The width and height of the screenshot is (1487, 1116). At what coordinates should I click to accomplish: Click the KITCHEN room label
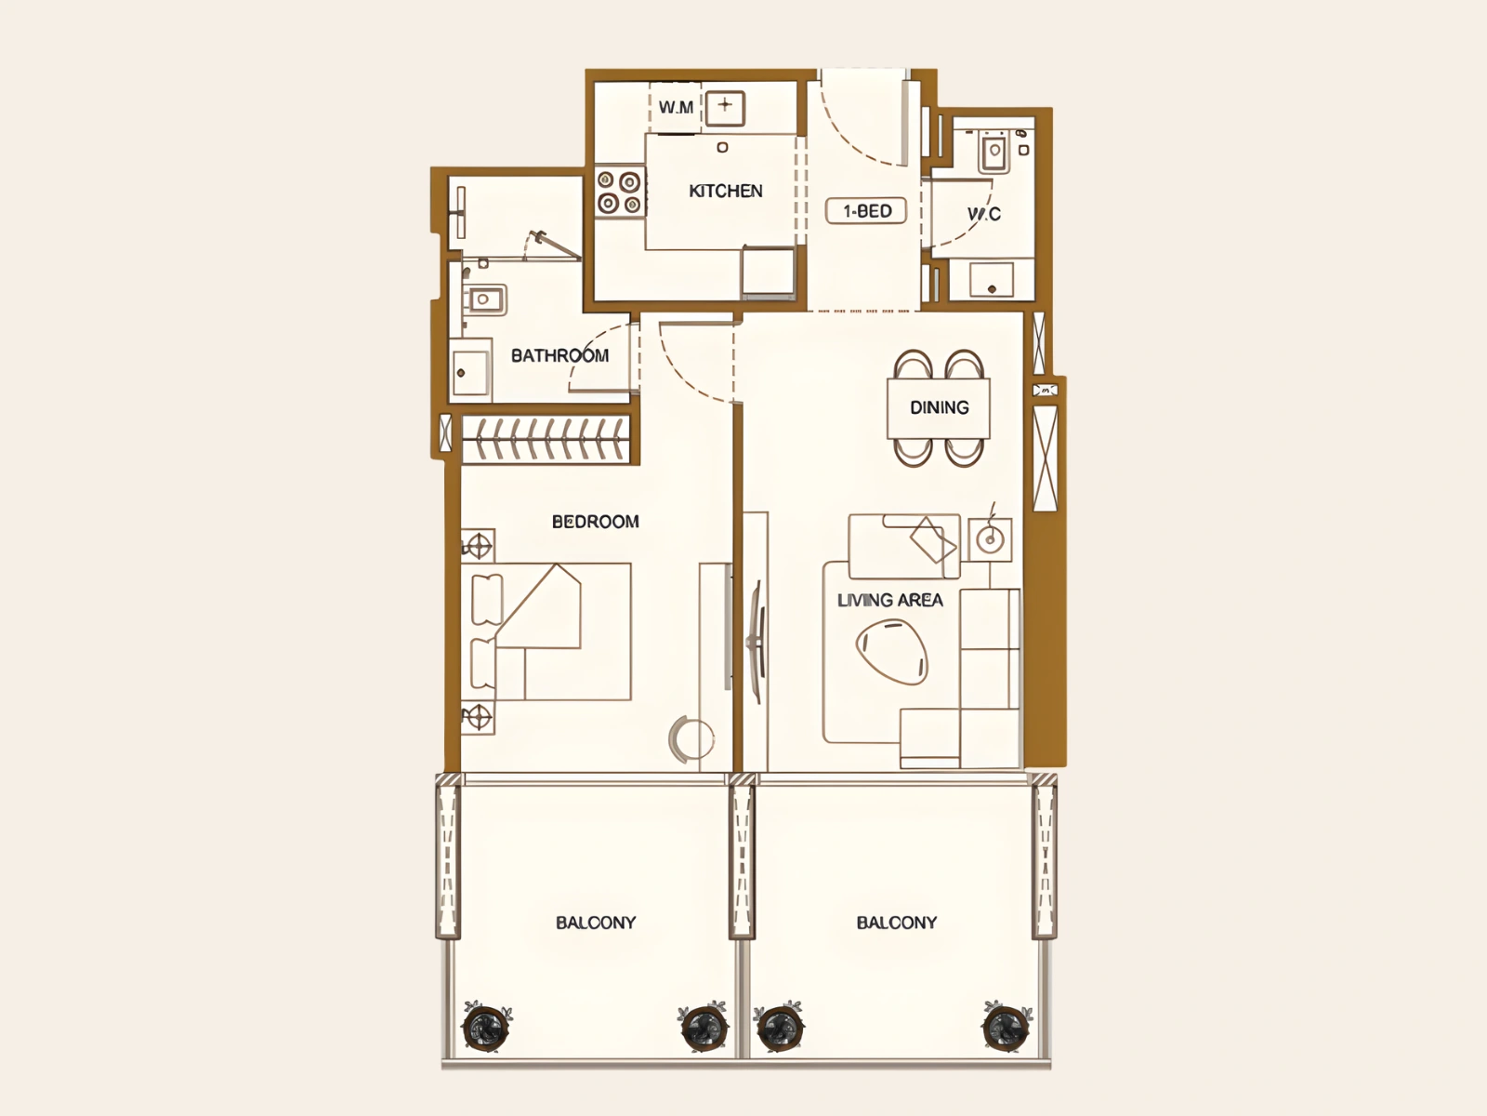point(726,191)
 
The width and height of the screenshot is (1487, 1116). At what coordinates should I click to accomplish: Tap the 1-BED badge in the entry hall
point(866,211)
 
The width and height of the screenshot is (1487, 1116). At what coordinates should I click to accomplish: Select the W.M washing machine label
point(676,107)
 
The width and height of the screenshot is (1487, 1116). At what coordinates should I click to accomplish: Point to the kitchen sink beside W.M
point(725,109)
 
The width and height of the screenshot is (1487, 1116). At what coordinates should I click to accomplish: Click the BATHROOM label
point(559,356)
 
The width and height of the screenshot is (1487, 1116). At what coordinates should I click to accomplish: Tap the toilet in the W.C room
point(994,151)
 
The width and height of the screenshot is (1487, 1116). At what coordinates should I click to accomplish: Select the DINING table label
point(939,407)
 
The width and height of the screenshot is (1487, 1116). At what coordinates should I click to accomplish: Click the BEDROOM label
point(595,522)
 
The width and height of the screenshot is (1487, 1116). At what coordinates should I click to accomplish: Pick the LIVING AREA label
point(889,601)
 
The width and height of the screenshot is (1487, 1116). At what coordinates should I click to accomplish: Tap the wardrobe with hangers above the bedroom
point(546,439)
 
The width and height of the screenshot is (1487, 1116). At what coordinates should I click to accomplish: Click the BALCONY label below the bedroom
point(596,923)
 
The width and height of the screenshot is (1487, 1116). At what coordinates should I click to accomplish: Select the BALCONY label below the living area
point(896,923)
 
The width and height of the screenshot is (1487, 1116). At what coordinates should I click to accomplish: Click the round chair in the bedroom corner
point(691,738)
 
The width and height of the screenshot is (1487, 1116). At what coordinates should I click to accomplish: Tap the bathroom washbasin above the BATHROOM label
point(484,299)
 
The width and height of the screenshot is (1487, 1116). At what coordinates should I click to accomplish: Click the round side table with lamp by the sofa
point(990,539)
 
